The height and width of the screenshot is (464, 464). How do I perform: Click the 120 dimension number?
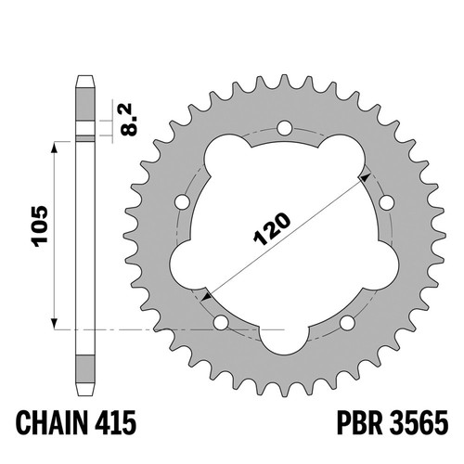pos(272,229)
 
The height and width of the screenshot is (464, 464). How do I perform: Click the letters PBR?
pos(360,422)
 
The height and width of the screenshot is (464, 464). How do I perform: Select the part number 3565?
pos(419,422)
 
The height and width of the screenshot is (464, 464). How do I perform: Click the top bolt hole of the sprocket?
pos(285,128)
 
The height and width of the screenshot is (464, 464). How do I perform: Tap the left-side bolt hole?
pos(182,202)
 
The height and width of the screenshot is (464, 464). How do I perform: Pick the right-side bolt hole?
pos(387,202)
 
